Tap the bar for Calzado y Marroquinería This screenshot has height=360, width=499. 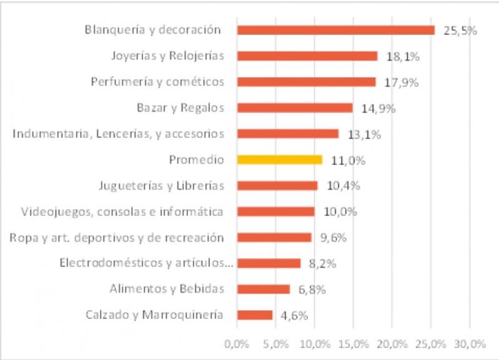pos(255,315)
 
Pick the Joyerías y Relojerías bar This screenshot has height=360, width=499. pos(307,56)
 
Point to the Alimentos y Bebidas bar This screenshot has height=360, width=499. pos(264,289)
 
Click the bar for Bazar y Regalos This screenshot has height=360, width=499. pos(294,108)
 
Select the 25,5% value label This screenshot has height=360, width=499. pos(460,31)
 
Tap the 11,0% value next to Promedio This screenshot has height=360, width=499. pos(348,160)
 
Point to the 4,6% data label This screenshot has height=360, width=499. pos(294,316)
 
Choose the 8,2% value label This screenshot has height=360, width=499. pos(322,264)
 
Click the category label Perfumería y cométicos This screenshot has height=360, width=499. pos(157,82)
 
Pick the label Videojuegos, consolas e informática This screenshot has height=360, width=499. pos(122,212)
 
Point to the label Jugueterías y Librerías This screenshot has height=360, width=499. pos(161,185)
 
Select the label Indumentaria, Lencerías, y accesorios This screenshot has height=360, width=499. pos(118,134)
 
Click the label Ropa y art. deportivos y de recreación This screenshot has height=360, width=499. pos(117,237)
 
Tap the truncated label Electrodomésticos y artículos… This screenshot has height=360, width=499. pos(146,263)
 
